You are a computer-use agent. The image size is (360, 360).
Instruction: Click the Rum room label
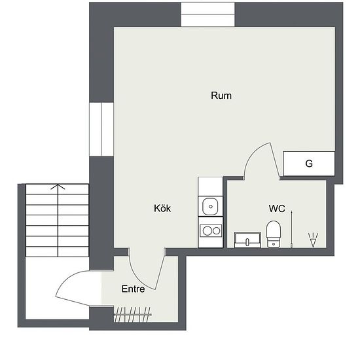[221, 96]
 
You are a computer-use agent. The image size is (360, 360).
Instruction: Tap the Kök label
[162, 208]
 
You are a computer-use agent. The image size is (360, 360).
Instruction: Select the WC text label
[277, 208]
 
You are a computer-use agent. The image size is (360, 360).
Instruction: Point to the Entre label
[133, 289]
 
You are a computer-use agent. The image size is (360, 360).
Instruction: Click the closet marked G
[309, 164]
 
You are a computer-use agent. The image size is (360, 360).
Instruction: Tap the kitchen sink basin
[210, 206]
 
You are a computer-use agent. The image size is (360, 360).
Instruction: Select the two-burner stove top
[211, 230]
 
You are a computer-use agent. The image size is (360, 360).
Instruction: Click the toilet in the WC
[274, 234]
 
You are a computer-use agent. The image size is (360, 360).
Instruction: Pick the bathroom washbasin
[247, 240]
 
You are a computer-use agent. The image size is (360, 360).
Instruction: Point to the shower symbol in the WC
[313, 240]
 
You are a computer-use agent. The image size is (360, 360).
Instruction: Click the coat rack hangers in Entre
[132, 315]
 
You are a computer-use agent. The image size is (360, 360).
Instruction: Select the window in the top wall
[207, 14]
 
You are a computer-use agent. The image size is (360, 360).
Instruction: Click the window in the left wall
[101, 129]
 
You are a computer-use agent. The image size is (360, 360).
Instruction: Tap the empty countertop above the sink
[210, 187]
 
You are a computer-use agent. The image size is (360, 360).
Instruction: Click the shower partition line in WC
[291, 229]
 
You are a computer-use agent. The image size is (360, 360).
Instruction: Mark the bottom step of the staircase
[57, 251]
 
